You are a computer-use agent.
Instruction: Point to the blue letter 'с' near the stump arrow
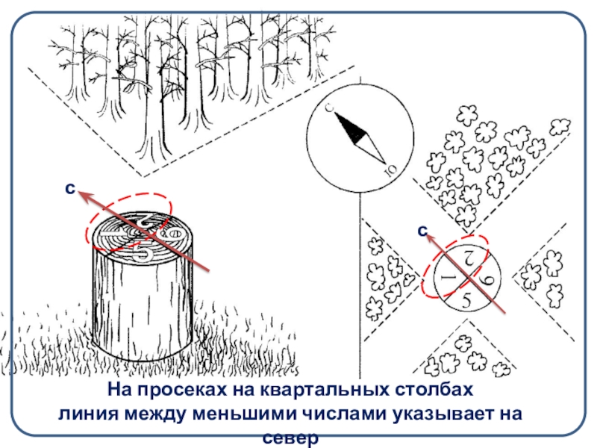pyautogui.click(x=70, y=188)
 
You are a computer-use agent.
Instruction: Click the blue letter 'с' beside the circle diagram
pyautogui.click(x=422, y=231)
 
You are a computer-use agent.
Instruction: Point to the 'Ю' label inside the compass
pyautogui.click(x=391, y=169)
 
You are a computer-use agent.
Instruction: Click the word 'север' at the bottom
pyautogui.click(x=290, y=439)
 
